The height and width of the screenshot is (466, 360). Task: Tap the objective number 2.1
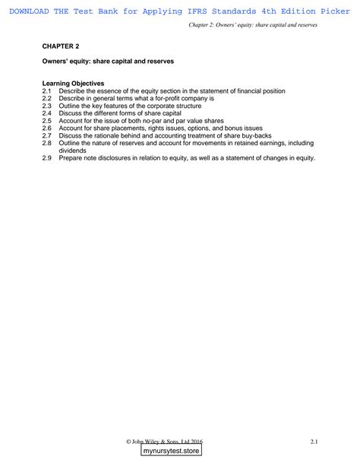point(47,90)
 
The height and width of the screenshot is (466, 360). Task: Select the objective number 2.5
point(47,121)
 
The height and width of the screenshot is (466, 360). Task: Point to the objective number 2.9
point(47,158)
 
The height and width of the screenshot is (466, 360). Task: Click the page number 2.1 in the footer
point(313,440)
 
